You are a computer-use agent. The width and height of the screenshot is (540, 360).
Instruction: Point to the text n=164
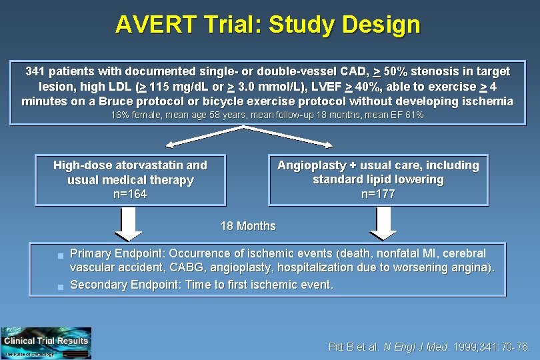(130, 195)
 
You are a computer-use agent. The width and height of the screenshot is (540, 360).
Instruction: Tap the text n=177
(378, 194)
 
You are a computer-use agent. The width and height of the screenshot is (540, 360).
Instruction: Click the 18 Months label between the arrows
(248, 226)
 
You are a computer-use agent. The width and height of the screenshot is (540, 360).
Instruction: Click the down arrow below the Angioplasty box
(383, 223)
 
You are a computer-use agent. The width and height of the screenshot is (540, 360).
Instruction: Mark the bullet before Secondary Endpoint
(60, 286)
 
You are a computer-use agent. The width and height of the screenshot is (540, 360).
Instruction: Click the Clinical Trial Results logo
(46, 343)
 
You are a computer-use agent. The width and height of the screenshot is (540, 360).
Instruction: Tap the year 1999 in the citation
(465, 347)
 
